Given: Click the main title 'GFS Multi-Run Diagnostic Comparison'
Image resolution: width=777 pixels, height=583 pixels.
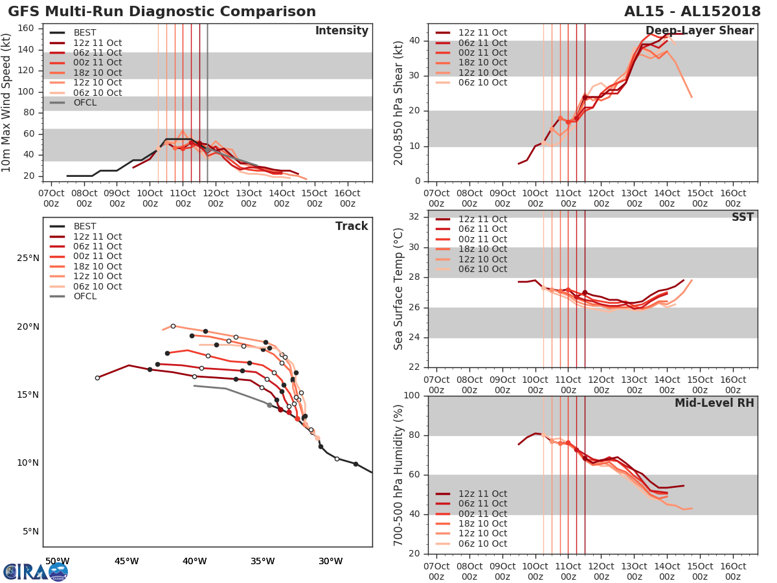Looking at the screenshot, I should pyautogui.click(x=162, y=12).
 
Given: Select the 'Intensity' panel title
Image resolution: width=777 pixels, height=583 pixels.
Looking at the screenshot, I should pyautogui.click(x=341, y=31).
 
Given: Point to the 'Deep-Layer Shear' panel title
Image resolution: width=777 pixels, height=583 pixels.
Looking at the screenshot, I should pyautogui.click(x=699, y=31).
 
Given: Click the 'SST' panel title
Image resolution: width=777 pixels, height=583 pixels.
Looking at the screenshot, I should pyautogui.click(x=742, y=217).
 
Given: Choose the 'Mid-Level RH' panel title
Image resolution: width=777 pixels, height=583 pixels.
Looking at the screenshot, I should pyautogui.click(x=714, y=403).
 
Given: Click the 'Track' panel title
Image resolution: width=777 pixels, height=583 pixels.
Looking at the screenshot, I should pyautogui.click(x=352, y=226).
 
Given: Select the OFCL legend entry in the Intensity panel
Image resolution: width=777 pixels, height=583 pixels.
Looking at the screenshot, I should pyautogui.click(x=85, y=102).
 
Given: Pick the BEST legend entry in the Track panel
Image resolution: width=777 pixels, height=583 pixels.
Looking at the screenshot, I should pyautogui.click(x=85, y=226).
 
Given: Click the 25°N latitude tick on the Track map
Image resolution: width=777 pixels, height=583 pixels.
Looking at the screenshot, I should pyautogui.click(x=28, y=258).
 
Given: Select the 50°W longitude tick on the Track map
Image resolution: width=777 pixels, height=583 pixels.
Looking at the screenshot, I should pyautogui.click(x=57, y=561).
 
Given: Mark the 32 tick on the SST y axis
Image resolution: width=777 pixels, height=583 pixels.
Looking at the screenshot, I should pyautogui.click(x=415, y=217).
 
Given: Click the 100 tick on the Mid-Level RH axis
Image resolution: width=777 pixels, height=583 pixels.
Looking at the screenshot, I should pyautogui.click(x=411, y=396).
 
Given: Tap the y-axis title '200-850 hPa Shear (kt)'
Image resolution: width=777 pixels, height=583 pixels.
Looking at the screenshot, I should pyautogui.click(x=399, y=102).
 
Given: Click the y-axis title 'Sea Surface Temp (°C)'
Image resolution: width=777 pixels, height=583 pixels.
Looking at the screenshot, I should pyautogui.click(x=399, y=289).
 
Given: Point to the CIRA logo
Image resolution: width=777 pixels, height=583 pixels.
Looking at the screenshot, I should pyautogui.click(x=35, y=571).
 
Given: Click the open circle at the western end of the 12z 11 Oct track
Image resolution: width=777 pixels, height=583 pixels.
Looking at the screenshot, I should pyautogui.click(x=97, y=378).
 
